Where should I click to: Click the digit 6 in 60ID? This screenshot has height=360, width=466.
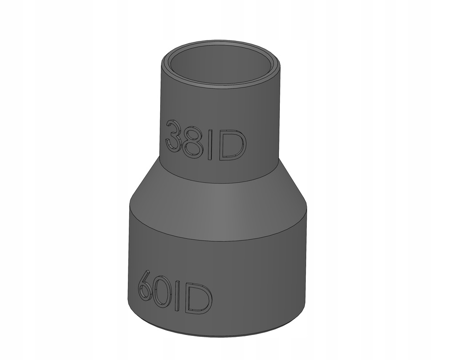146,286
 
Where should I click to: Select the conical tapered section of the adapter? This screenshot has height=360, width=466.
218,200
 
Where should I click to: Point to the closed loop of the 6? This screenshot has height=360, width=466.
145,292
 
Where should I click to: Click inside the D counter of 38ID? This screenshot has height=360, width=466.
232,146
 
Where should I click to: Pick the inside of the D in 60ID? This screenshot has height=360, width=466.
199,299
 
